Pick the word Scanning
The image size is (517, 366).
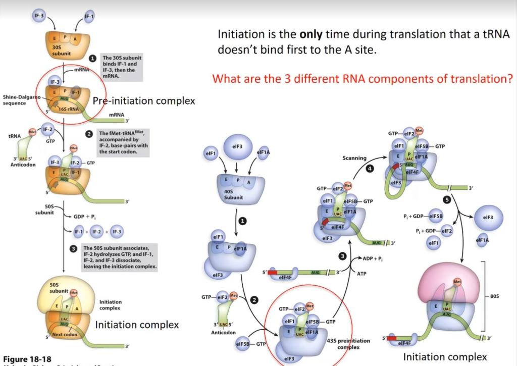[x=354, y=158]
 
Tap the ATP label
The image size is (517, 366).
[x=361, y=274]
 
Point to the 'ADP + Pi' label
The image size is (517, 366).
[x=373, y=258]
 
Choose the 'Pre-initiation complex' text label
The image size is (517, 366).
[x=144, y=101]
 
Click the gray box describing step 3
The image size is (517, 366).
[x=120, y=257]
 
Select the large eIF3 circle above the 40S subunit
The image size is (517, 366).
[x=237, y=148]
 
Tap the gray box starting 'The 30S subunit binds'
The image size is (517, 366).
[x=122, y=68]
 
